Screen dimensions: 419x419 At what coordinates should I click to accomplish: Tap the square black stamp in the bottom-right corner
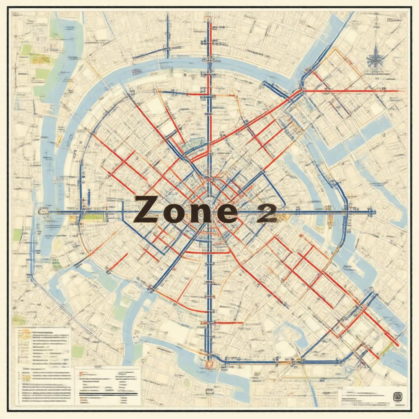(x=396, y=396)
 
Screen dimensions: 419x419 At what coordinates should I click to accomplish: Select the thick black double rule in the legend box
(x=108, y=394)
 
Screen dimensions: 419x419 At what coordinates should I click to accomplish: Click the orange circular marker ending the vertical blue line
(x=209, y=363)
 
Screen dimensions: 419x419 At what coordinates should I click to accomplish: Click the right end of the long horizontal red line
(x=399, y=91)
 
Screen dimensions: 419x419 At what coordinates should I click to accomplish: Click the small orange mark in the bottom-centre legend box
(x=81, y=373)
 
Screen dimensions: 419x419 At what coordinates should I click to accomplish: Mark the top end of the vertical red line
(x=209, y=23)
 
